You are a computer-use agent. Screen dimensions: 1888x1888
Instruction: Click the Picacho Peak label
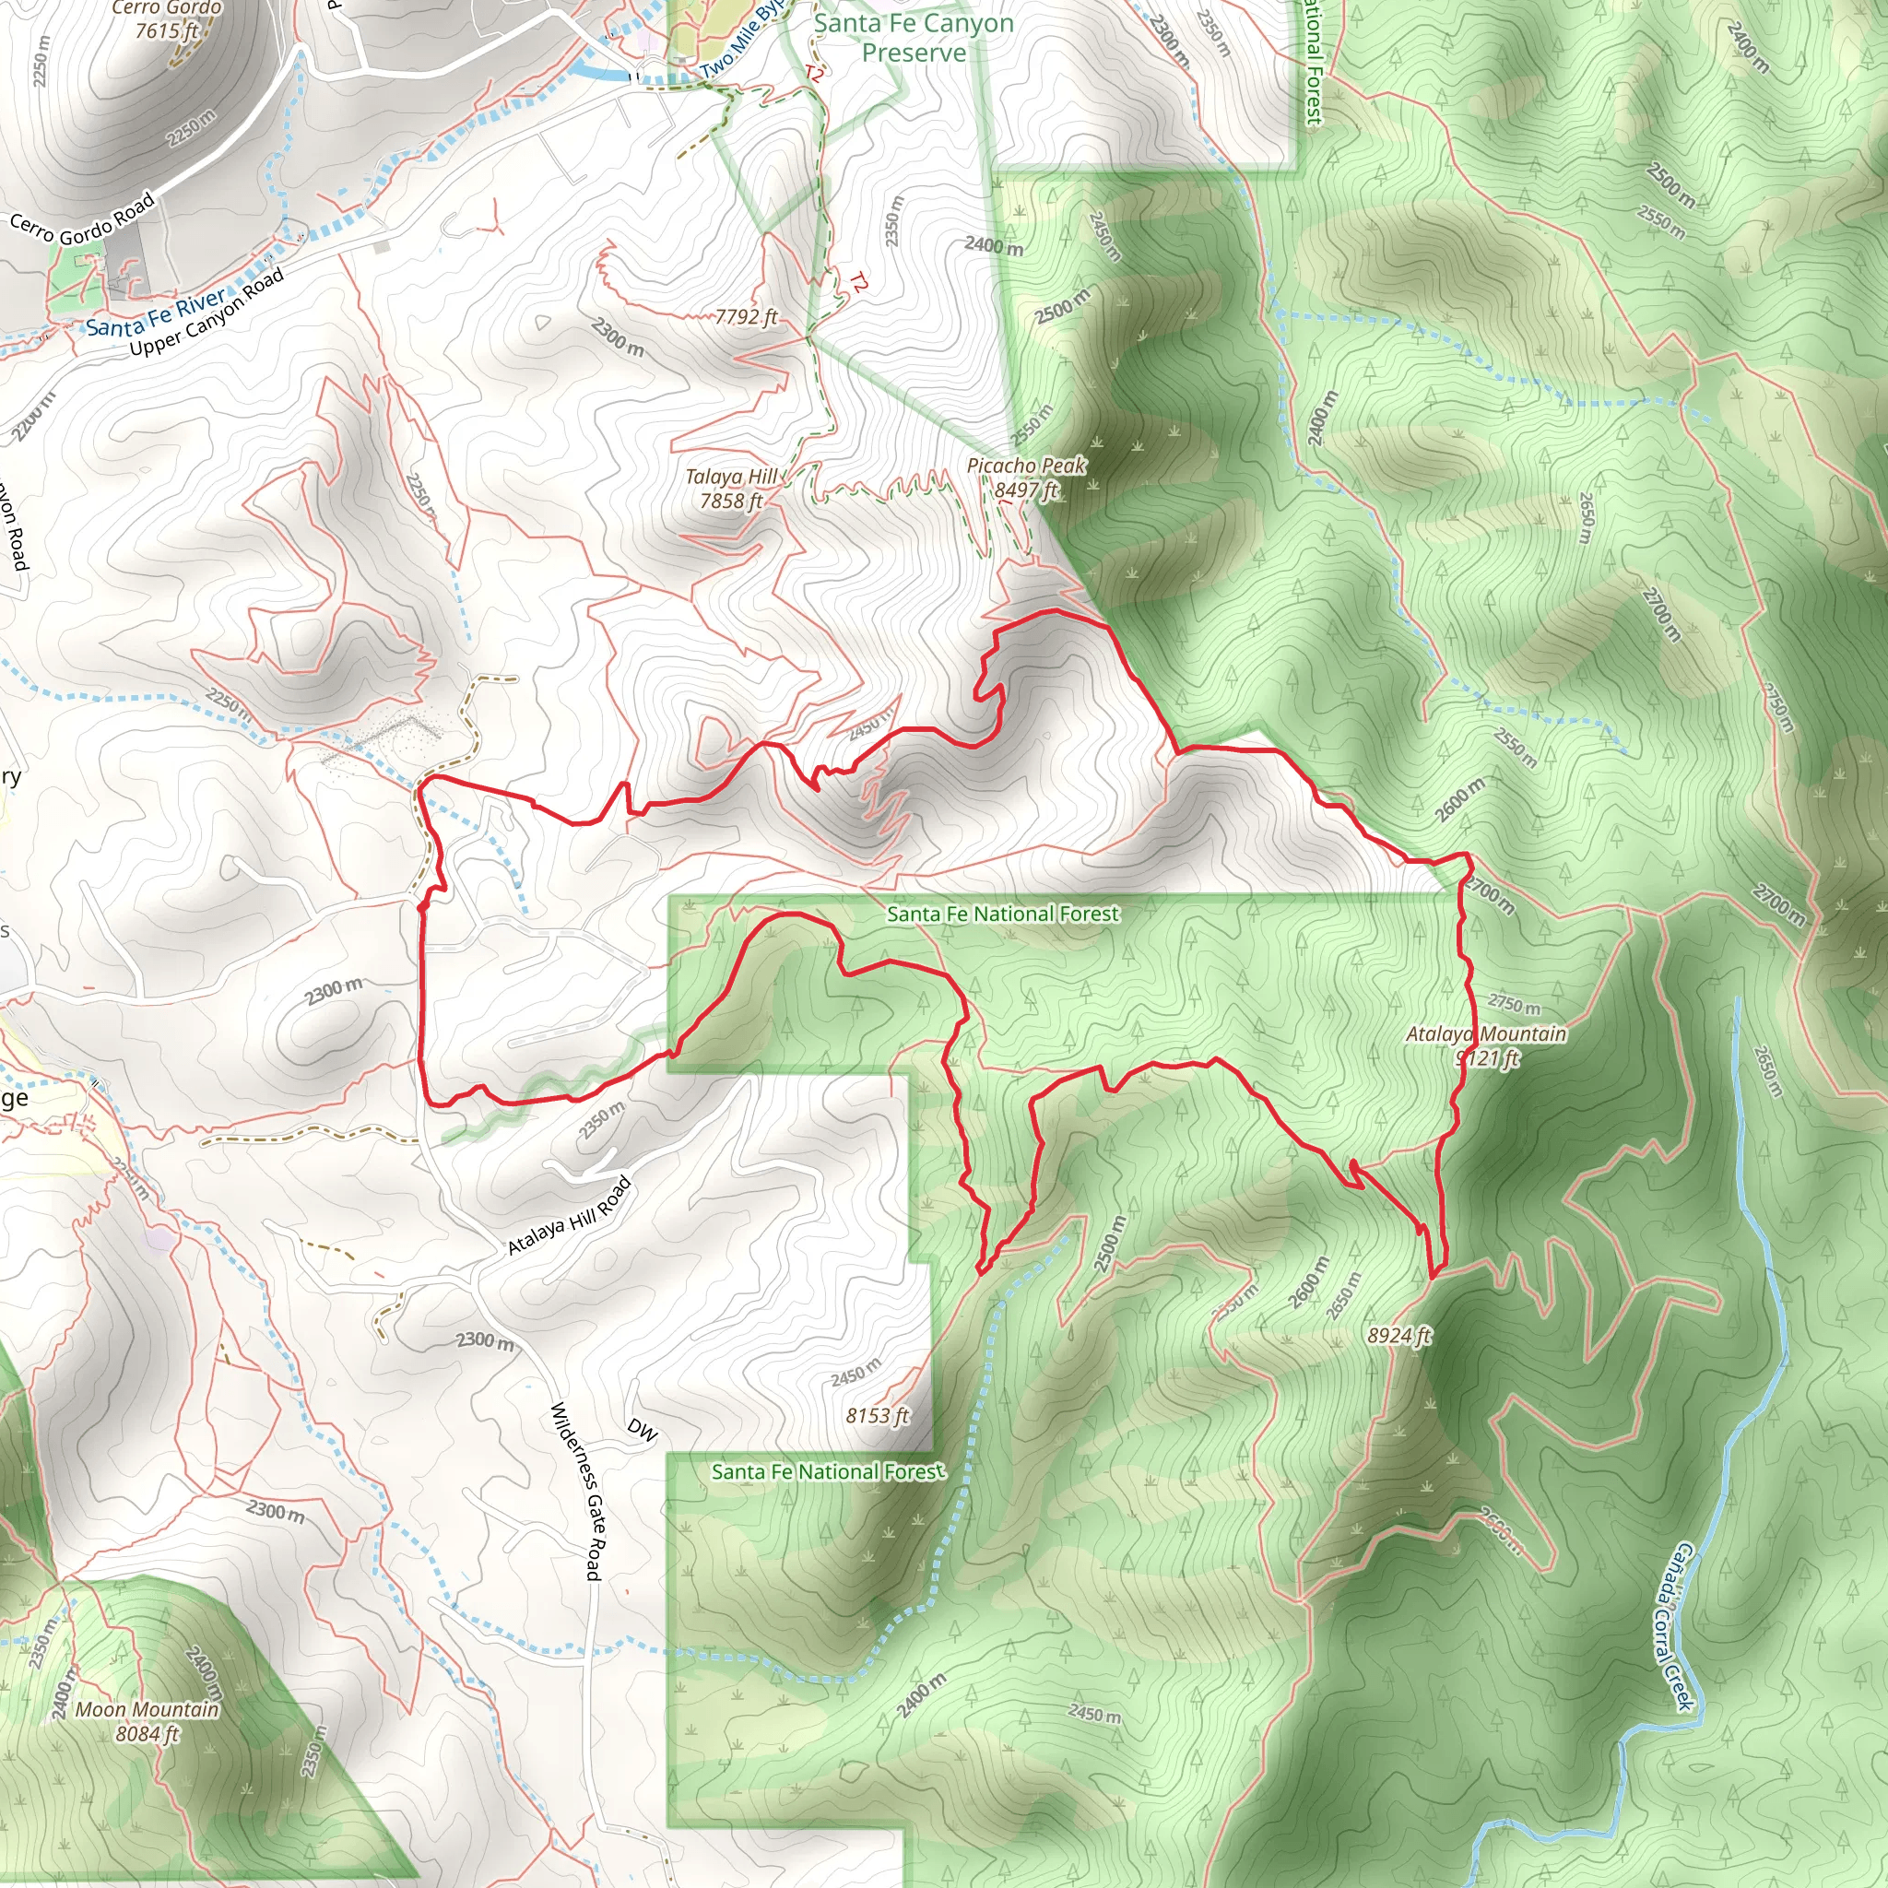1026,466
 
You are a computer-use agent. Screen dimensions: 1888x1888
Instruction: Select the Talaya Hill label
731,477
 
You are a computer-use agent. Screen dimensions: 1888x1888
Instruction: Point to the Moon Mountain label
147,1709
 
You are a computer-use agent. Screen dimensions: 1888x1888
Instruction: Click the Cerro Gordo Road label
83,218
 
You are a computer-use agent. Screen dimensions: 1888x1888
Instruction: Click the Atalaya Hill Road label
570,1217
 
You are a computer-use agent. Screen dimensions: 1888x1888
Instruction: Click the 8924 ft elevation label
1399,1336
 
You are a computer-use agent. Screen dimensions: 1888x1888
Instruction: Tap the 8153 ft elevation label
878,1415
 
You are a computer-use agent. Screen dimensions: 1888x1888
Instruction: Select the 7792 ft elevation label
747,316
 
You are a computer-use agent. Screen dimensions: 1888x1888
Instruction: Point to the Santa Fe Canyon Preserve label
914,37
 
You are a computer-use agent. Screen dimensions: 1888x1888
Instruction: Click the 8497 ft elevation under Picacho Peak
1026,490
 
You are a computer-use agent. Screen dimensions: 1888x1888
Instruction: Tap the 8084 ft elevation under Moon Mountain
147,1734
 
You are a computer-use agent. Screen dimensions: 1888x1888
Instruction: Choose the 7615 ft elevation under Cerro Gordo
167,30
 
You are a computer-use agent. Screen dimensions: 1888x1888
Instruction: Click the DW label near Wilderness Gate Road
642,1430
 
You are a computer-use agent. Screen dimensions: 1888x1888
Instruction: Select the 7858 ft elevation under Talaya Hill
731,501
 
